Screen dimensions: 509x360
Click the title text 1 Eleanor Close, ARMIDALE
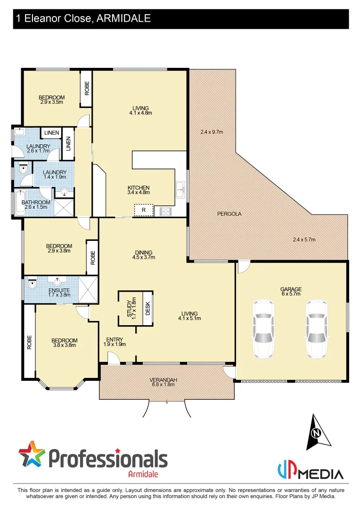pyautogui.click(x=83, y=18)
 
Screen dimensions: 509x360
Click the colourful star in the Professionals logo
pyautogui.click(x=32, y=454)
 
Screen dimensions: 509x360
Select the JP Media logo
pyautogui.click(x=310, y=471)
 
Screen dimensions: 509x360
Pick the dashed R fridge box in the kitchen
pyautogui.click(x=143, y=210)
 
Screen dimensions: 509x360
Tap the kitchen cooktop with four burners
pyautogui.click(x=166, y=211)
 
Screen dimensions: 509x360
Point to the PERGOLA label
pyautogui.click(x=229, y=213)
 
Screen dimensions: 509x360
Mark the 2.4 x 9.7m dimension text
pyautogui.click(x=211, y=132)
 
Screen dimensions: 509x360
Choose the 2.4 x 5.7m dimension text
pyautogui.click(x=304, y=239)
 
